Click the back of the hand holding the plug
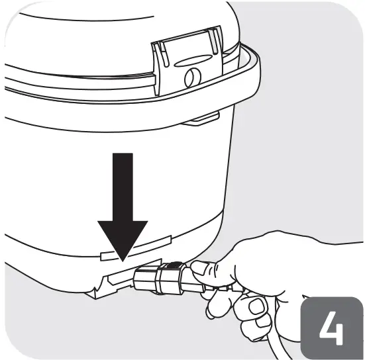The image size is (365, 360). (x=258, y=258)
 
